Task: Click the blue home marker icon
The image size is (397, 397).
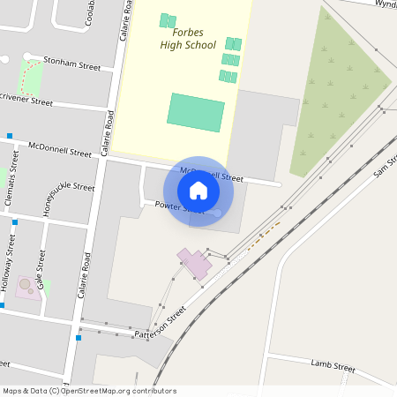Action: [x=198, y=191]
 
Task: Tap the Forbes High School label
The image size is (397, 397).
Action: [x=187, y=39]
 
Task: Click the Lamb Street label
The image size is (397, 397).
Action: [x=333, y=364]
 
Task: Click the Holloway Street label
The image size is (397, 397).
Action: [x=8, y=270]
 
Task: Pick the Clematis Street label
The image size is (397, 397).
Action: [x=10, y=189]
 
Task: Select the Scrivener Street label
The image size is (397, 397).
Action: [x=26, y=101]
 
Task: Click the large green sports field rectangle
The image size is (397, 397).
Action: [x=196, y=113]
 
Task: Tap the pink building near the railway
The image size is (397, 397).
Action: [x=195, y=263]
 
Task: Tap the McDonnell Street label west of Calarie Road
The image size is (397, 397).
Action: [x=60, y=148]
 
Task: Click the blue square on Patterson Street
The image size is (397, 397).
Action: [x=79, y=338]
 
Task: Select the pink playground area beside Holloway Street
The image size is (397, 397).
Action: [x=28, y=286]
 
